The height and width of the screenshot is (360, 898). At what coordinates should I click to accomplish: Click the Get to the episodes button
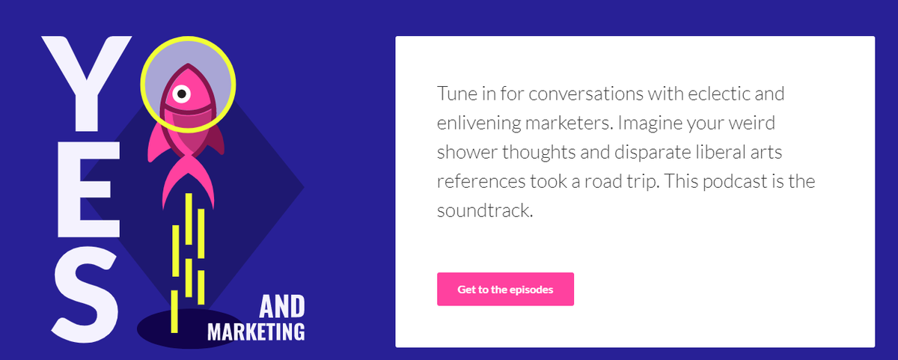tap(505, 289)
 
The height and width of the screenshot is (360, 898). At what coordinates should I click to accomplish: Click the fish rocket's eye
tap(180, 94)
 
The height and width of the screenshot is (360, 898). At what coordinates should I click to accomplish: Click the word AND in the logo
tap(282, 307)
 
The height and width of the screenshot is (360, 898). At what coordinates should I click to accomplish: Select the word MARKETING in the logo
tap(256, 332)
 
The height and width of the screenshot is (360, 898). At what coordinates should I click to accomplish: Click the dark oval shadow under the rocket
tap(187, 328)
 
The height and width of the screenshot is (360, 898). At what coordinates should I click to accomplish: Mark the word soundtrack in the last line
tap(484, 210)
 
